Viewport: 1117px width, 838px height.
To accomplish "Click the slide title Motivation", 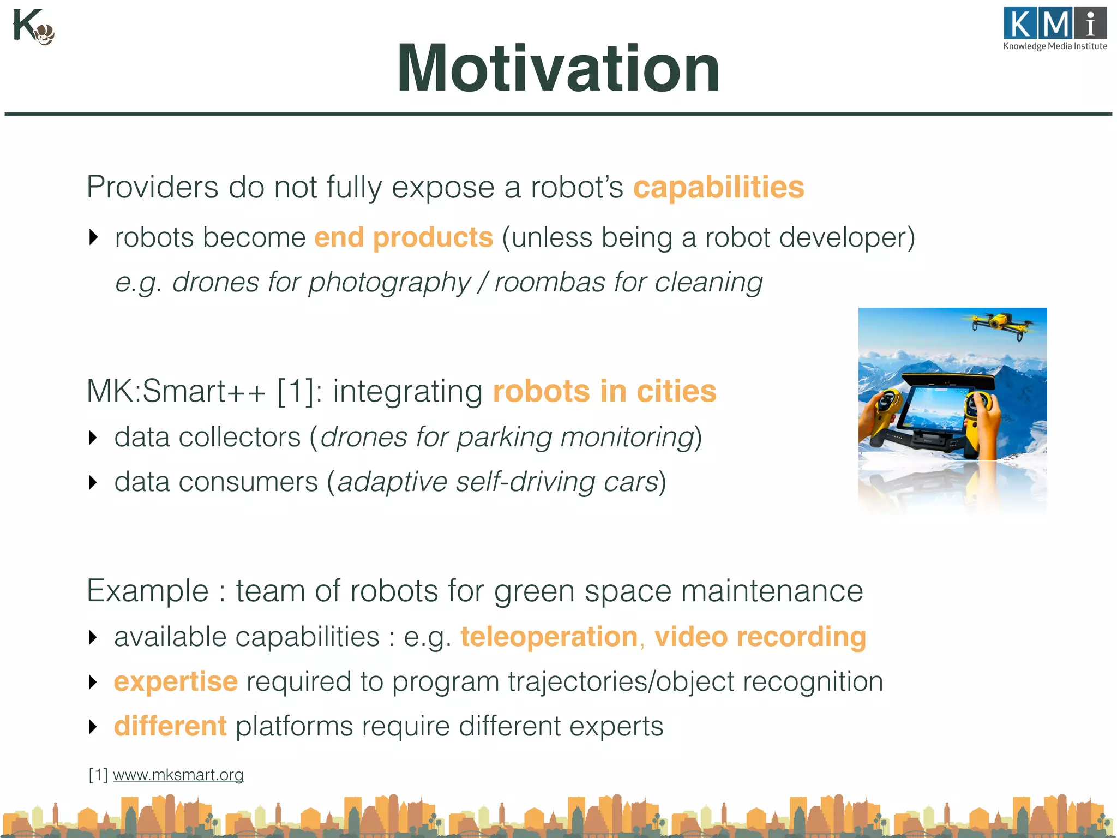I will [x=558, y=69].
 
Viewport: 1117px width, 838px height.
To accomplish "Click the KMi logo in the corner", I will [x=1055, y=29].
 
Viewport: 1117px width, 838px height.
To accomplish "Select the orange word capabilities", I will [x=718, y=187].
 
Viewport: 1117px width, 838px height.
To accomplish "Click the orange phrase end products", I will [x=404, y=238].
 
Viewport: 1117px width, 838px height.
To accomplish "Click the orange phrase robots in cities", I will [x=604, y=391].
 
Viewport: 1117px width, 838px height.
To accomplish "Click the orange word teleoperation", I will [x=549, y=637].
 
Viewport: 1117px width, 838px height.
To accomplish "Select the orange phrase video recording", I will [x=760, y=637].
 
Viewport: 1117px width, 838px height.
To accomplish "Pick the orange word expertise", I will [x=176, y=681].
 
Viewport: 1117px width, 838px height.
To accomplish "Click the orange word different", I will [x=170, y=726].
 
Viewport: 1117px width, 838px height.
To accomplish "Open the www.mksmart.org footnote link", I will [x=178, y=775].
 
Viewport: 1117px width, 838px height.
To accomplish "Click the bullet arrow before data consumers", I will [x=93, y=482].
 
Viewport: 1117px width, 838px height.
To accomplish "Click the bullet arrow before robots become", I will [x=93, y=237].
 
